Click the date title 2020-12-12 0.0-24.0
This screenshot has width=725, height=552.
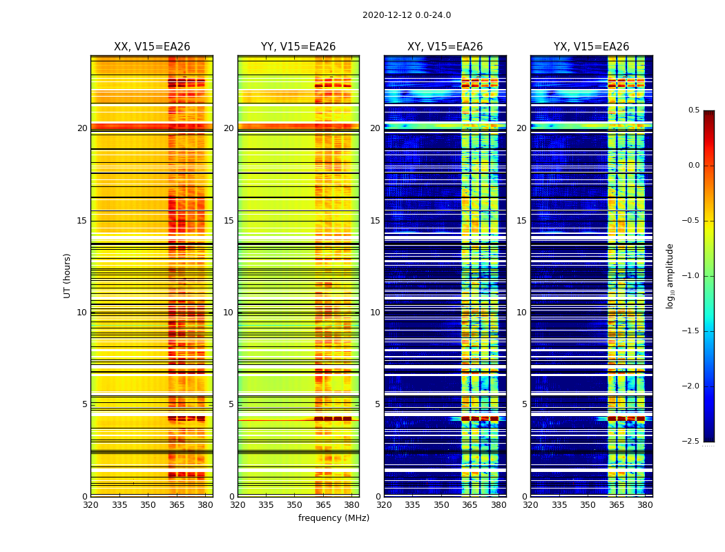tap(407, 15)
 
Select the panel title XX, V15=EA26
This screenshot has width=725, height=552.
tap(152, 47)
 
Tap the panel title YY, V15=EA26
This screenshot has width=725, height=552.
tap(298, 47)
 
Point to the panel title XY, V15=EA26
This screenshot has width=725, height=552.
tap(445, 47)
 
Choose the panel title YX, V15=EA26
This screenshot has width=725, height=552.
tap(591, 47)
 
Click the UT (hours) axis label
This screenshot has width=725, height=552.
tap(68, 275)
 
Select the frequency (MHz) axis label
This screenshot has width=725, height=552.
tap(333, 518)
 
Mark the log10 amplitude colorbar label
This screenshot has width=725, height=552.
tap(670, 275)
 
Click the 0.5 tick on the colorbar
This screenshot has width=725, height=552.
tap(693, 110)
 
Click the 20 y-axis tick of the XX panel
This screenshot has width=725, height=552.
tap(82, 128)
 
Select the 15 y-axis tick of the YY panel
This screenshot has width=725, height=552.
tap(229, 221)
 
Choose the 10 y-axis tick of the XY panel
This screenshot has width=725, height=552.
tap(375, 313)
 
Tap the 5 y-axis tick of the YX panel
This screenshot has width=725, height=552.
tap(524, 404)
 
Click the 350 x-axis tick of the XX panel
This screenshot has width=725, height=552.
tap(148, 505)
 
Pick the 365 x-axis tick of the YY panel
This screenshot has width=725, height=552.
tap(323, 505)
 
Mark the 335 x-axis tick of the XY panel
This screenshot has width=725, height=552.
tap(412, 505)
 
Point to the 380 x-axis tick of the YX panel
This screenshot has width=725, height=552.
tap(645, 505)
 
